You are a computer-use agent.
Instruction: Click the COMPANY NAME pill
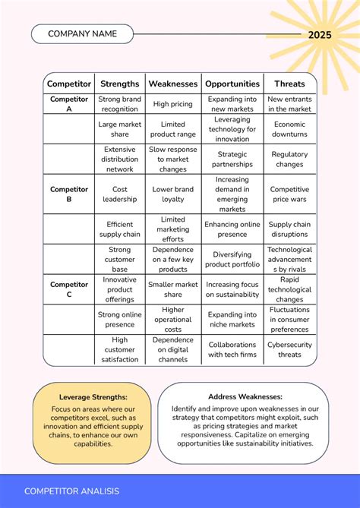[82, 33]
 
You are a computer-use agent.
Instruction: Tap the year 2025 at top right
[320, 35]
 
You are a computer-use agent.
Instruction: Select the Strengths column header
[120, 84]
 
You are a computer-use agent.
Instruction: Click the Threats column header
[289, 84]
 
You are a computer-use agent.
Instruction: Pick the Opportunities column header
[232, 84]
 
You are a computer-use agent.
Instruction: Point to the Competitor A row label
[69, 104]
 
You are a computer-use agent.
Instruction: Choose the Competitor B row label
[69, 194]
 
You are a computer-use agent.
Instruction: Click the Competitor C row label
[69, 289]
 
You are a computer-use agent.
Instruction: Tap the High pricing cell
[172, 104]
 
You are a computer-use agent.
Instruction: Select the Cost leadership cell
[120, 194]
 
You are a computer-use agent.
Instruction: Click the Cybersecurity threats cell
[289, 349]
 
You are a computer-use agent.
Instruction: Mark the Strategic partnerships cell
[232, 159]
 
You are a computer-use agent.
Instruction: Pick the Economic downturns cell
[289, 129]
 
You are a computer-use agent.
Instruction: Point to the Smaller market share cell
[172, 289]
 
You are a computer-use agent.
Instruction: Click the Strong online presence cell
[120, 320]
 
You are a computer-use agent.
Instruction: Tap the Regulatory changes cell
[289, 159]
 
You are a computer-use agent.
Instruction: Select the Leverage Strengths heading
[93, 397]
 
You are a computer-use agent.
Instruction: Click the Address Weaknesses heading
[245, 396]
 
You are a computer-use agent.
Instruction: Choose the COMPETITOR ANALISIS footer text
[71, 491]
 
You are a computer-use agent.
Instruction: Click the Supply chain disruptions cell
[289, 229]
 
